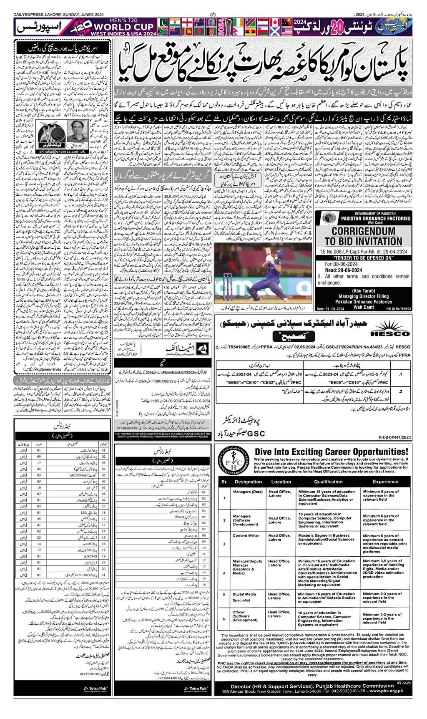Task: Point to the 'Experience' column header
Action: (379, 481)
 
